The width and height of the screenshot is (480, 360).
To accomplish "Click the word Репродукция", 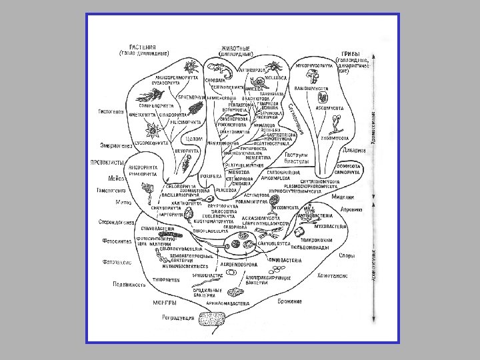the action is [x=178, y=318].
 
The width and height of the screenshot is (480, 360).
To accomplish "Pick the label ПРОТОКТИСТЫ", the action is [x=107, y=162].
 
